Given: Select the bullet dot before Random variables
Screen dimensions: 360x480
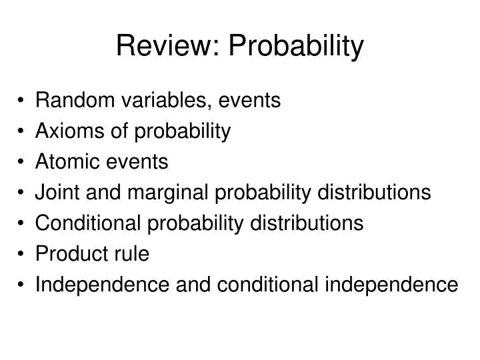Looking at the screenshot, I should click(23, 101).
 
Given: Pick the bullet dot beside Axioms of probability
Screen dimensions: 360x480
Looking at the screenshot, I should click(23, 132).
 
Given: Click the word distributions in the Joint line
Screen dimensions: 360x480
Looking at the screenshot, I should click(375, 193).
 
